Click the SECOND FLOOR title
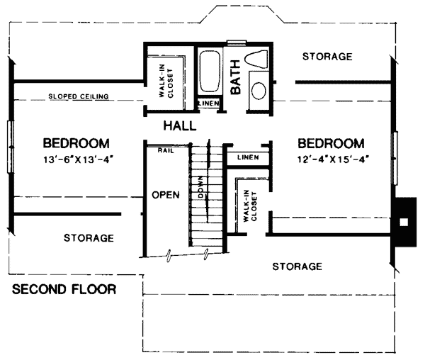64,289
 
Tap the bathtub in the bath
209,72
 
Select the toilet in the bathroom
256,59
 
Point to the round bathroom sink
259,91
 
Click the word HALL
180,126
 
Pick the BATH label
236,77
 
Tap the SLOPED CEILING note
79,96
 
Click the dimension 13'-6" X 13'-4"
78,159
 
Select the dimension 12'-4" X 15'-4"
333,159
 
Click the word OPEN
166,195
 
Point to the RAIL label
166,151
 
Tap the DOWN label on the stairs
201,187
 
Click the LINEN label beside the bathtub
209,103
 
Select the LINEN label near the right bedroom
248,157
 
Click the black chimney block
406,222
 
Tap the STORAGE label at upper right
327,57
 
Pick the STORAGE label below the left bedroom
89,238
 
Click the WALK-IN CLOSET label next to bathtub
166,81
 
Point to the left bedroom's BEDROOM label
76,143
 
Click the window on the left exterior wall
11,147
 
